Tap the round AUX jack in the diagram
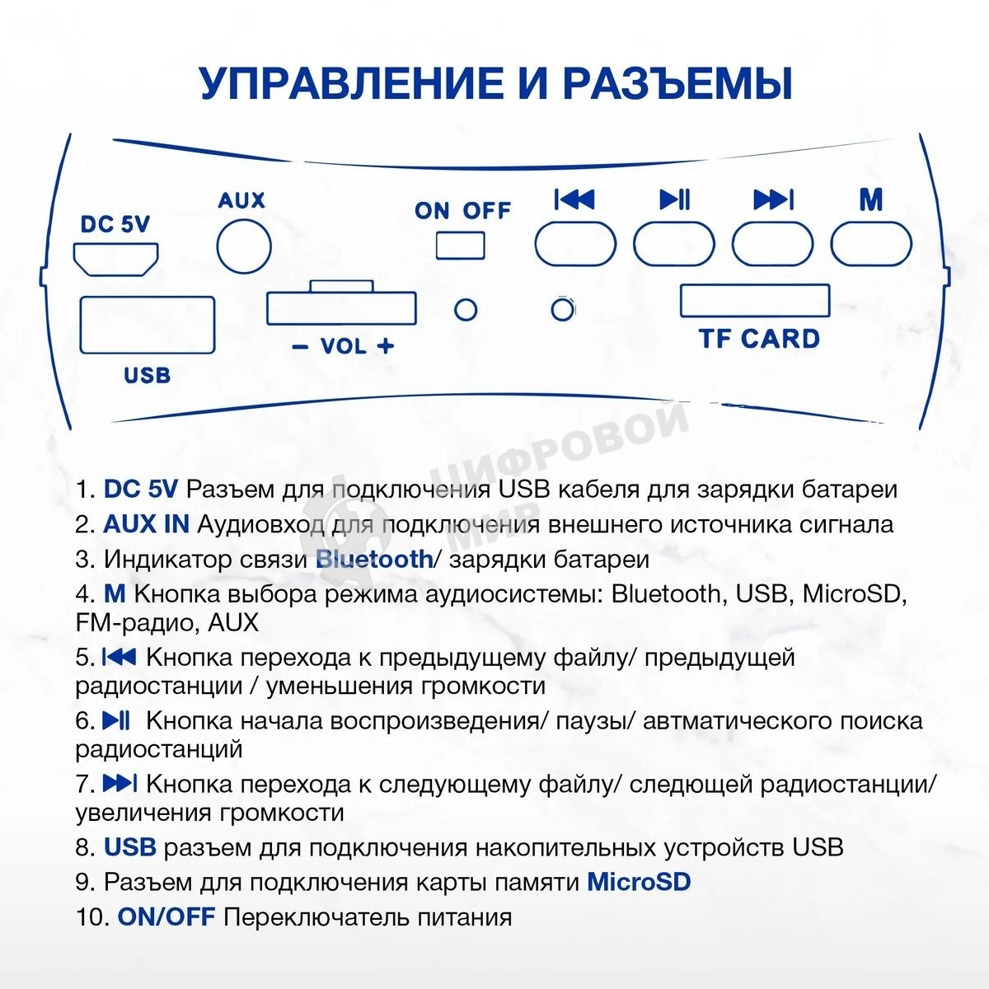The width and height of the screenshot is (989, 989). (243, 245)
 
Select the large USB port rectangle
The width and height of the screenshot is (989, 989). (147, 325)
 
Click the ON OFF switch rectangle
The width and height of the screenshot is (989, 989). (461, 245)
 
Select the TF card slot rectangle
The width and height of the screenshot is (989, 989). (754, 301)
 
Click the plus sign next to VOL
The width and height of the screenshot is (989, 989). (385, 346)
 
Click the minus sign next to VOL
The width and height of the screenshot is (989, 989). (300, 347)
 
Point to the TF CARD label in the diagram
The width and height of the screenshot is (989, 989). (759, 338)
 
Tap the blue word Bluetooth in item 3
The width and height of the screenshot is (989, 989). (374, 559)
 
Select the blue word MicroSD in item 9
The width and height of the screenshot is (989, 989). (639, 882)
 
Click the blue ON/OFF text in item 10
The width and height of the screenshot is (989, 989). (166, 916)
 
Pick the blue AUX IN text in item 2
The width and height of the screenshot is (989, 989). (146, 523)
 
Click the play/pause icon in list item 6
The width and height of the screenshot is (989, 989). (116, 720)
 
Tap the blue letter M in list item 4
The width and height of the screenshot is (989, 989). (114, 593)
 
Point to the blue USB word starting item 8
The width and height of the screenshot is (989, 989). (130, 847)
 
